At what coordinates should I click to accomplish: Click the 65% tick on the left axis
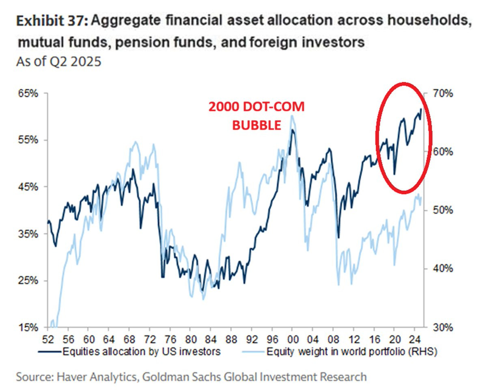[27, 93]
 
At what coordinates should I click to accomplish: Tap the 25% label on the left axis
[27, 281]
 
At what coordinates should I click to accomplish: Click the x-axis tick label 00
[292, 337]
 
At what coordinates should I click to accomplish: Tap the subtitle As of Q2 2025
[58, 62]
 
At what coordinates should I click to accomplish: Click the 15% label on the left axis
[27, 328]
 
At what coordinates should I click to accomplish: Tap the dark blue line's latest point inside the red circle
[421, 109]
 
